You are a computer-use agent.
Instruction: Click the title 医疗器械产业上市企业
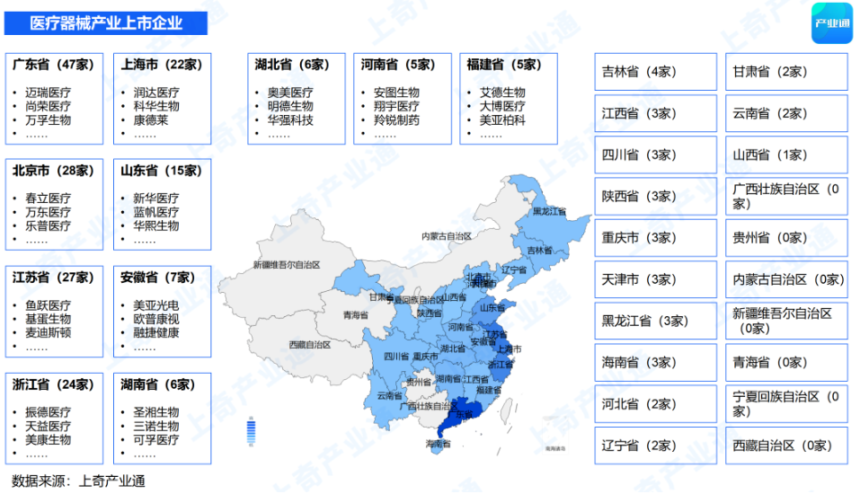[106, 23]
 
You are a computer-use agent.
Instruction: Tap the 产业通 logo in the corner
[830, 23]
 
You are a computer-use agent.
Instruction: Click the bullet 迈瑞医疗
[49, 93]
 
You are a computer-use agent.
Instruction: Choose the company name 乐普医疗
[49, 226]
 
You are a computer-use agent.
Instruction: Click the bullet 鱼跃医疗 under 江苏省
[49, 305]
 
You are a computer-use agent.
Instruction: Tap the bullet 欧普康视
[156, 319]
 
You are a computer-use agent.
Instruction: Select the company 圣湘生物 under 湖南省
[156, 412]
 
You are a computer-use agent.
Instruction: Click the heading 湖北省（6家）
[293, 65]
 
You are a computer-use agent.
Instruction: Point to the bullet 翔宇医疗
[396, 106]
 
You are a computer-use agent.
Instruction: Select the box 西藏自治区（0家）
[786, 445]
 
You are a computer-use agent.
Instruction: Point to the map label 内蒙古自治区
[447, 236]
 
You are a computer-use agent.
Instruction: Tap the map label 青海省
[355, 315]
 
